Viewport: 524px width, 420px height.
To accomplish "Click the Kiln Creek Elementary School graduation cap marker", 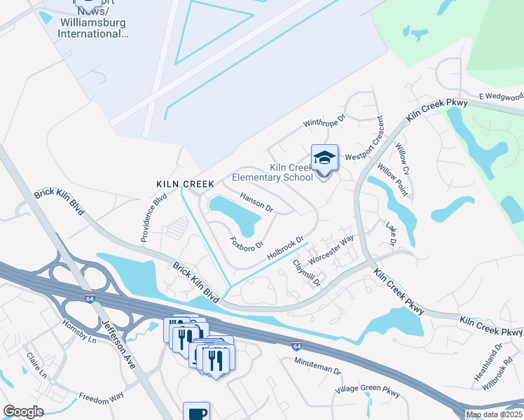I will coord(324,158).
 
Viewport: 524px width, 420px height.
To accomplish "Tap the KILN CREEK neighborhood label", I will coord(185,183).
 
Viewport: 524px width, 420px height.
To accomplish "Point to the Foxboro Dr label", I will coord(247,244).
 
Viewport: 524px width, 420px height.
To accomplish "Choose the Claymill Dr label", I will coord(306,273).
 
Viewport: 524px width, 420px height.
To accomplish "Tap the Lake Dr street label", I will coord(392,233).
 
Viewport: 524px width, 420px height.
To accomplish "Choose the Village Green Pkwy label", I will coord(367,392).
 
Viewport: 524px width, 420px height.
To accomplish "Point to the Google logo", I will coord(23,412).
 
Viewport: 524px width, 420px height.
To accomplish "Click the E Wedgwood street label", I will coord(500,96).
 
